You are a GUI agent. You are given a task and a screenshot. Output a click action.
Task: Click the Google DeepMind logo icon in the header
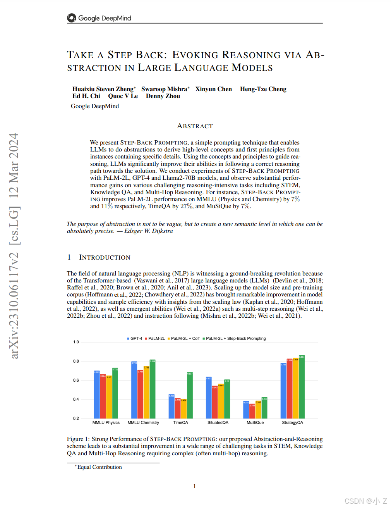click(x=72, y=18)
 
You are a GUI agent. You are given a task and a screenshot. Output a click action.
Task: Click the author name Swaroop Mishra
click(x=164, y=89)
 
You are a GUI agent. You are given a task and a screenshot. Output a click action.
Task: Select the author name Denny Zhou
click(x=163, y=96)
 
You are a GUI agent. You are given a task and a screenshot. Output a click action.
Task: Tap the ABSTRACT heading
click(x=195, y=126)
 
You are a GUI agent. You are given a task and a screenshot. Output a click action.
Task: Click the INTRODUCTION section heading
click(x=105, y=257)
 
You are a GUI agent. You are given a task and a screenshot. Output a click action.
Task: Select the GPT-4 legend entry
click(x=135, y=339)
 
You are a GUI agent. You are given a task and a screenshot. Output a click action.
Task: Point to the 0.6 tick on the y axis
click(x=76, y=380)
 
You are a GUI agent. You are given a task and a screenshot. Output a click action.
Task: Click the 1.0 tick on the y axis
click(x=76, y=342)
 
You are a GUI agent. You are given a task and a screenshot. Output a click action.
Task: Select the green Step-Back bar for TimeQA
click(x=190, y=395)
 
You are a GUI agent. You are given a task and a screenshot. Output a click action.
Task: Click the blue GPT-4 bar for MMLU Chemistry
click(x=134, y=390)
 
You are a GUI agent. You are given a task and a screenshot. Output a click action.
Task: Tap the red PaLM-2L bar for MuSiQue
click(x=252, y=411)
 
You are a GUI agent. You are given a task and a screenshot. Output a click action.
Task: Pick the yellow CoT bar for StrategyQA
click(x=296, y=388)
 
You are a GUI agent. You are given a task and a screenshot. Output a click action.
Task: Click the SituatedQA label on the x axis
click(x=218, y=423)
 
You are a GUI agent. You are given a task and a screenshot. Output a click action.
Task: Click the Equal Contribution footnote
click(x=99, y=467)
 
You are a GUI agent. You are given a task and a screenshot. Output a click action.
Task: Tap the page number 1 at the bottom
click(x=195, y=486)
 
